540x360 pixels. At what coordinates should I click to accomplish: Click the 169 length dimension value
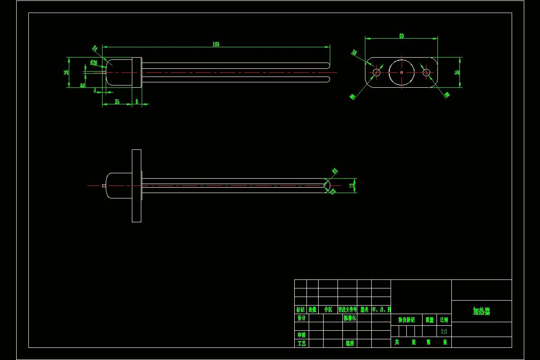click(x=216, y=44)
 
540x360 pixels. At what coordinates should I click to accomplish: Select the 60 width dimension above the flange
click(x=401, y=36)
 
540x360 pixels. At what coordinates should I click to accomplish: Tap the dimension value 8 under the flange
click(x=137, y=102)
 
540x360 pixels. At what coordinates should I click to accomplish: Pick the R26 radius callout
click(x=94, y=63)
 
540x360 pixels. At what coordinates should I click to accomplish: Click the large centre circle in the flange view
click(x=401, y=72)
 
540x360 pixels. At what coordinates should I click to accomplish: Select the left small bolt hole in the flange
click(x=377, y=72)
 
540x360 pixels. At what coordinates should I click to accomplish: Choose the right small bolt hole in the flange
click(x=426, y=72)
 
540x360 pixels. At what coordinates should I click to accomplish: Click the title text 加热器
click(x=481, y=311)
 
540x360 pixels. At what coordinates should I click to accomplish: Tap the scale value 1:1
click(x=444, y=331)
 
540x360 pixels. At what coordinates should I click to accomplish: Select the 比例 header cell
click(x=444, y=320)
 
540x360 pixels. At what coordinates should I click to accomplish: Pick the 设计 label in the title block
click(x=301, y=318)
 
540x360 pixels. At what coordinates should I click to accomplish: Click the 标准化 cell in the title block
click(x=350, y=318)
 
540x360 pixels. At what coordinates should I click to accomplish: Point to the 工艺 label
click(x=301, y=343)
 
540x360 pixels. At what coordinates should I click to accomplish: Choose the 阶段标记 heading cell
click(x=406, y=320)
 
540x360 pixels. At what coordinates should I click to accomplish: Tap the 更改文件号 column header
click(x=347, y=310)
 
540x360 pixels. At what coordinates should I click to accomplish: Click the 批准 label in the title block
click(x=350, y=343)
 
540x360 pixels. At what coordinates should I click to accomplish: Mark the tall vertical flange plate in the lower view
click(x=136, y=185)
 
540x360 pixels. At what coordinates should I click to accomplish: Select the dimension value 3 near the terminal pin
click(x=95, y=90)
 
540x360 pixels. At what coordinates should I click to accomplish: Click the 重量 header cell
click(x=430, y=320)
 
